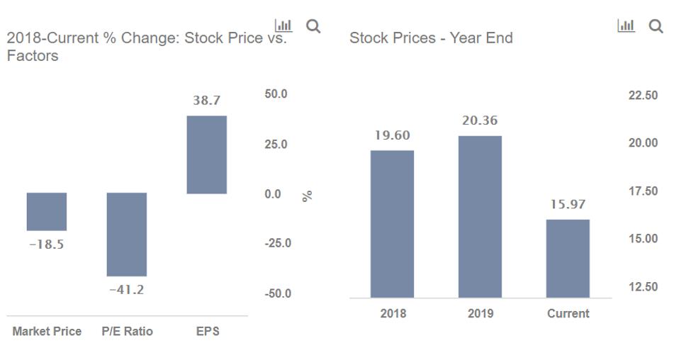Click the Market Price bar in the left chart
coord(47,211)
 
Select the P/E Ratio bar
coord(127,234)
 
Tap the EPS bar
coord(207,154)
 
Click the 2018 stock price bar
coord(392,224)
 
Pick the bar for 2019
coord(480,217)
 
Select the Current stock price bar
coord(568,259)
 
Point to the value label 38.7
coord(207,101)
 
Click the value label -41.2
coord(127,290)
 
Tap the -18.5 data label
coord(46,244)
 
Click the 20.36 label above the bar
coord(480,120)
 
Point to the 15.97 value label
coord(568,205)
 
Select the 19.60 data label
coord(392,135)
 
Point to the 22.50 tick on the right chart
coord(643,96)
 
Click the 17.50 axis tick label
coord(643,191)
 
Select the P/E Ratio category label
coord(127,332)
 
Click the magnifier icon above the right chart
coord(656,26)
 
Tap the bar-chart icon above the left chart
coord(283,26)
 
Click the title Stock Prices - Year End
coord(431,38)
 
